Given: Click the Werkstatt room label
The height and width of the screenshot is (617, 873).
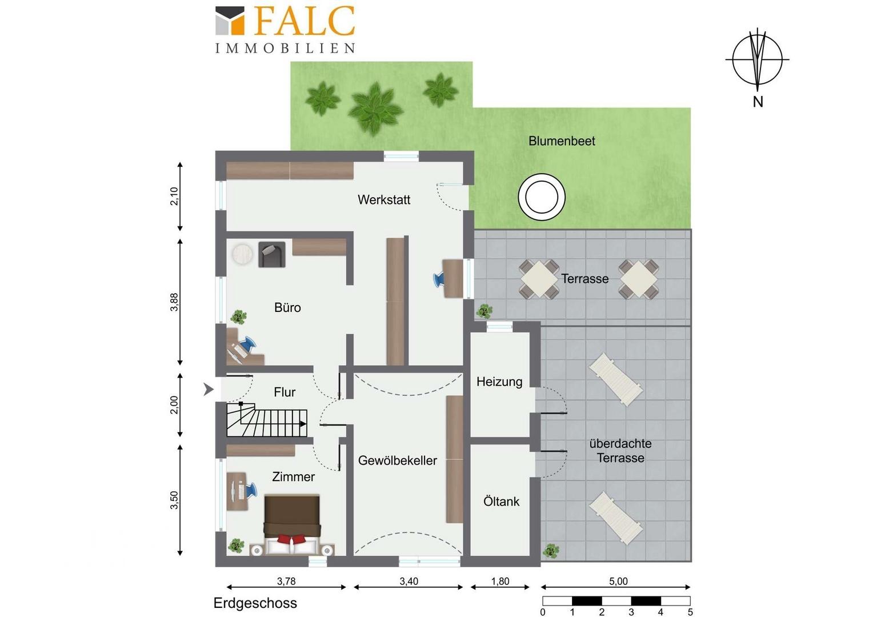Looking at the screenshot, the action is (384, 200).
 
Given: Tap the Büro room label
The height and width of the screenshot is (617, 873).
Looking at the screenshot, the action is (287, 307).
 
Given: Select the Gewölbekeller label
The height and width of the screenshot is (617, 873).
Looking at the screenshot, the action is (398, 460).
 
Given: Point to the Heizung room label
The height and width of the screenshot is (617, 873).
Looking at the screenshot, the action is (499, 382).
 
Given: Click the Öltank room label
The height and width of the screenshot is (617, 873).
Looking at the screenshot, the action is (501, 501).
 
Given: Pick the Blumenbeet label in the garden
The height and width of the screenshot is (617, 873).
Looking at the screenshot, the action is (562, 141).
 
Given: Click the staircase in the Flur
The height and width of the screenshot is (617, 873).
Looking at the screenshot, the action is (267, 419).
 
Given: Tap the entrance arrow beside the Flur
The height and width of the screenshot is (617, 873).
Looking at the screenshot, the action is (209, 389).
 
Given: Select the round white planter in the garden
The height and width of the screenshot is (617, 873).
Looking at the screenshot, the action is (541, 197).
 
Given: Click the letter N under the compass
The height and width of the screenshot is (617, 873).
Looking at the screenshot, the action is (758, 102).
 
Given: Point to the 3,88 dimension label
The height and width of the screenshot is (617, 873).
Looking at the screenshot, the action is (174, 302).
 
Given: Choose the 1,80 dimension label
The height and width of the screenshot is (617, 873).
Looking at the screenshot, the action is (500, 581).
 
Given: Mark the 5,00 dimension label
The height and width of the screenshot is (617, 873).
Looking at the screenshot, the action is (618, 581).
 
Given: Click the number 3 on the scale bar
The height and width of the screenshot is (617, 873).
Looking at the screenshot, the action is (631, 612).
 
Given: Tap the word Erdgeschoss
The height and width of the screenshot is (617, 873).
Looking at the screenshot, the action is (255, 603).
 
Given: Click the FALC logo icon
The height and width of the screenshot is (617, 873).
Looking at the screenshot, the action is (230, 20).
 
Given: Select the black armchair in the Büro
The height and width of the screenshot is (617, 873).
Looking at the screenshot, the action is (271, 255).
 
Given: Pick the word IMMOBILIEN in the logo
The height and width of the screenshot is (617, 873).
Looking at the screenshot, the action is (285, 48).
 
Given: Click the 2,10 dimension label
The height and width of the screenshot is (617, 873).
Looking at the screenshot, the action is (174, 196).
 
